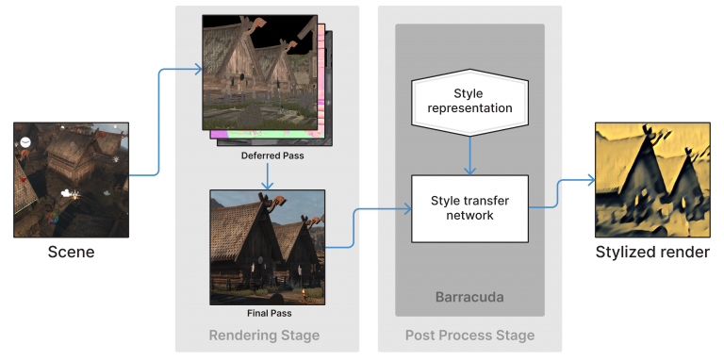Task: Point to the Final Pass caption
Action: click(267, 313)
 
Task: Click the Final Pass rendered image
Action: click(267, 247)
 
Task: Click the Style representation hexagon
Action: click(469, 101)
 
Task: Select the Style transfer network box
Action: click(469, 207)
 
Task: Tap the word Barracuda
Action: click(469, 296)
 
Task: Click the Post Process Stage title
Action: click(469, 335)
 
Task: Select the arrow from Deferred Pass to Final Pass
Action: click(268, 174)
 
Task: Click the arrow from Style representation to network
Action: click(469, 151)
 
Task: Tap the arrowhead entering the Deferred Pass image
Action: click(199, 68)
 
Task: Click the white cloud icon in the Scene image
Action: click(66, 193)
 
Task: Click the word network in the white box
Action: click(469, 216)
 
